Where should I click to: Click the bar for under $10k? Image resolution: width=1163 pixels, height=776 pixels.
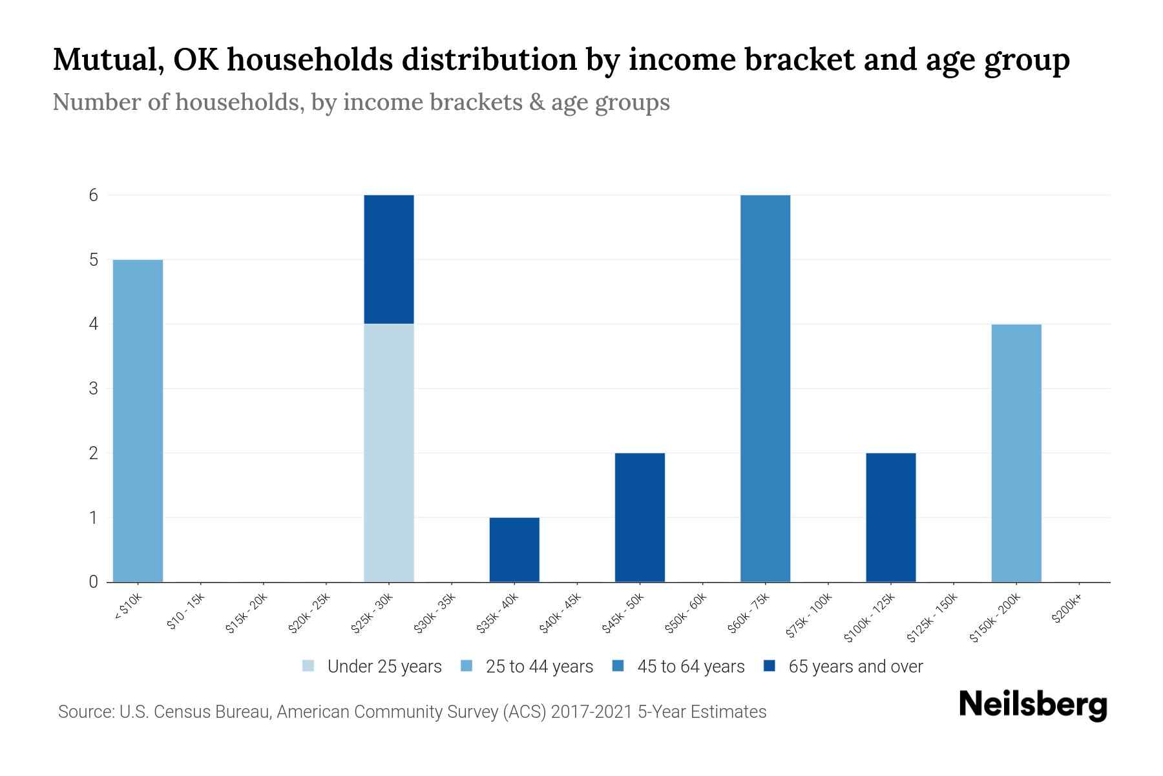138,420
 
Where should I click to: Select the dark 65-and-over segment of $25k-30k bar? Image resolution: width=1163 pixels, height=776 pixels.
388,259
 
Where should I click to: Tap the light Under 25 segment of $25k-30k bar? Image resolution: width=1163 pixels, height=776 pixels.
388,453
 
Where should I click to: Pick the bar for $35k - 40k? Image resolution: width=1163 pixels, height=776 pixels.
514,550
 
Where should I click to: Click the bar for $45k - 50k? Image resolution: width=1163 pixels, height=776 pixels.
640,517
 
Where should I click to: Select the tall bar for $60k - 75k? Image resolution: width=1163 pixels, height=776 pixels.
765,388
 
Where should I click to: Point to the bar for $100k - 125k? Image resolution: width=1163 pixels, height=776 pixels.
890,517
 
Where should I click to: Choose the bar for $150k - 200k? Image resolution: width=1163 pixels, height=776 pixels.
1016,453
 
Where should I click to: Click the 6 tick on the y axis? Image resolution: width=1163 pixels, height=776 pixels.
94,195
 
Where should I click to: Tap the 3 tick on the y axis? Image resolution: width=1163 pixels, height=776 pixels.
94,389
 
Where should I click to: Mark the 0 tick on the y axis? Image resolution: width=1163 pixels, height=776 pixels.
94,582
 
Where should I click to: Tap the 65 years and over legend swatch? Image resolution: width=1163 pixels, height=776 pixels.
769,666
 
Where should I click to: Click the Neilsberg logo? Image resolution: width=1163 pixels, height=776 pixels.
1032,705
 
